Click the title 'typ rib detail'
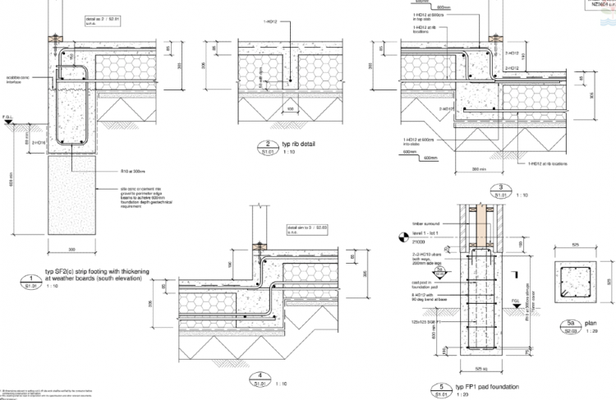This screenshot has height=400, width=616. [300, 145]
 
